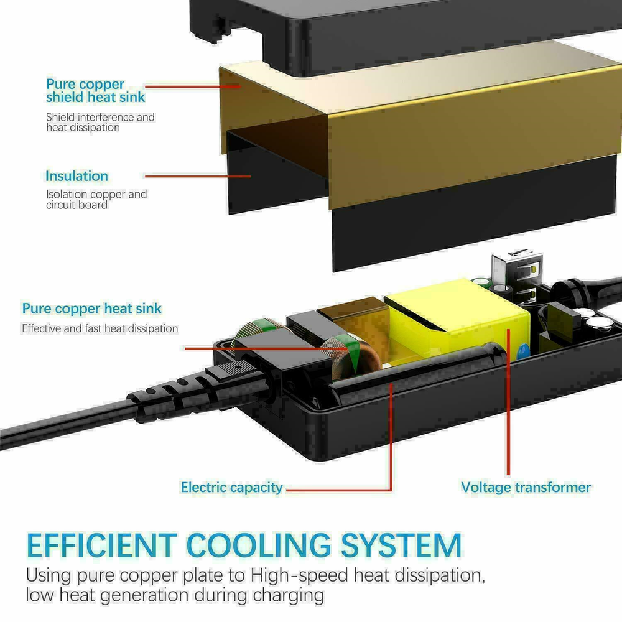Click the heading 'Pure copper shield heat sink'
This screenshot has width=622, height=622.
[95, 91]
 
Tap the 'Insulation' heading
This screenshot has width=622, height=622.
[77, 176]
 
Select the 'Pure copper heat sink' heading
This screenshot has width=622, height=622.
[92, 309]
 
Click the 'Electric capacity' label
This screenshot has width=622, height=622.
[231, 488]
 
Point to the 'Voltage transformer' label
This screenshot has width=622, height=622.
[526, 488]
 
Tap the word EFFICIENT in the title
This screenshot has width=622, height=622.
[101, 545]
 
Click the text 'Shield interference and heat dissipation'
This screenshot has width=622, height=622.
[100, 122]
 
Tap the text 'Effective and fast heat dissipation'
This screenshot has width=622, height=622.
[100, 328]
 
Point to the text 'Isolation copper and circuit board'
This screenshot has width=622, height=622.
[96, 199]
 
